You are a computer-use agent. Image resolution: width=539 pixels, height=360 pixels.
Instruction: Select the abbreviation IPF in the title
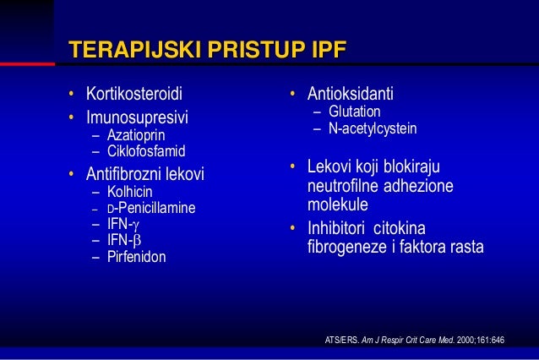[323, 48]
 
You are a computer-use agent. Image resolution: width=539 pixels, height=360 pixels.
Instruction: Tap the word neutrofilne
[343, 185]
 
